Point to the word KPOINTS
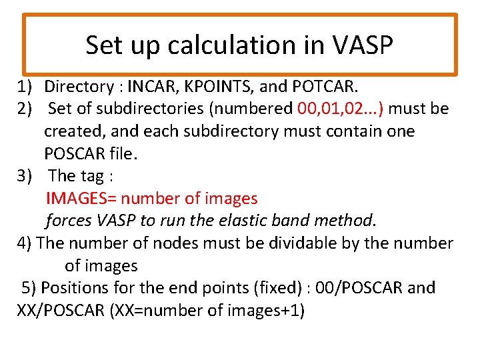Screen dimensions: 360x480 pyautogui.click(x=217, y=87)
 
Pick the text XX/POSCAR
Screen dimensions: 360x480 pyautogui.click(x=55, y=311)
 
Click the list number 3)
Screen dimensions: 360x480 pyautogui.click(x=25, y=176)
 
